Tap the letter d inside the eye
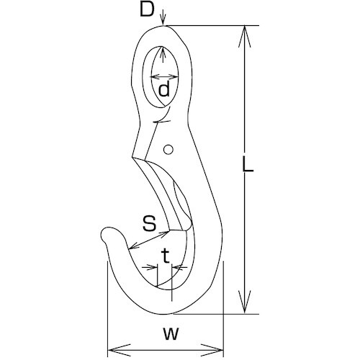tap(164, 90)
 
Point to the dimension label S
tap(149, 222)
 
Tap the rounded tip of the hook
tap(107, 233)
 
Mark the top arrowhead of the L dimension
tap(247, 30)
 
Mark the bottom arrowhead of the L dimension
tap(247, 309)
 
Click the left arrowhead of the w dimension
tap(111, 350)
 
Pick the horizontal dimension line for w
tap(166, 350)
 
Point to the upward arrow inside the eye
tap(165, 53)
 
